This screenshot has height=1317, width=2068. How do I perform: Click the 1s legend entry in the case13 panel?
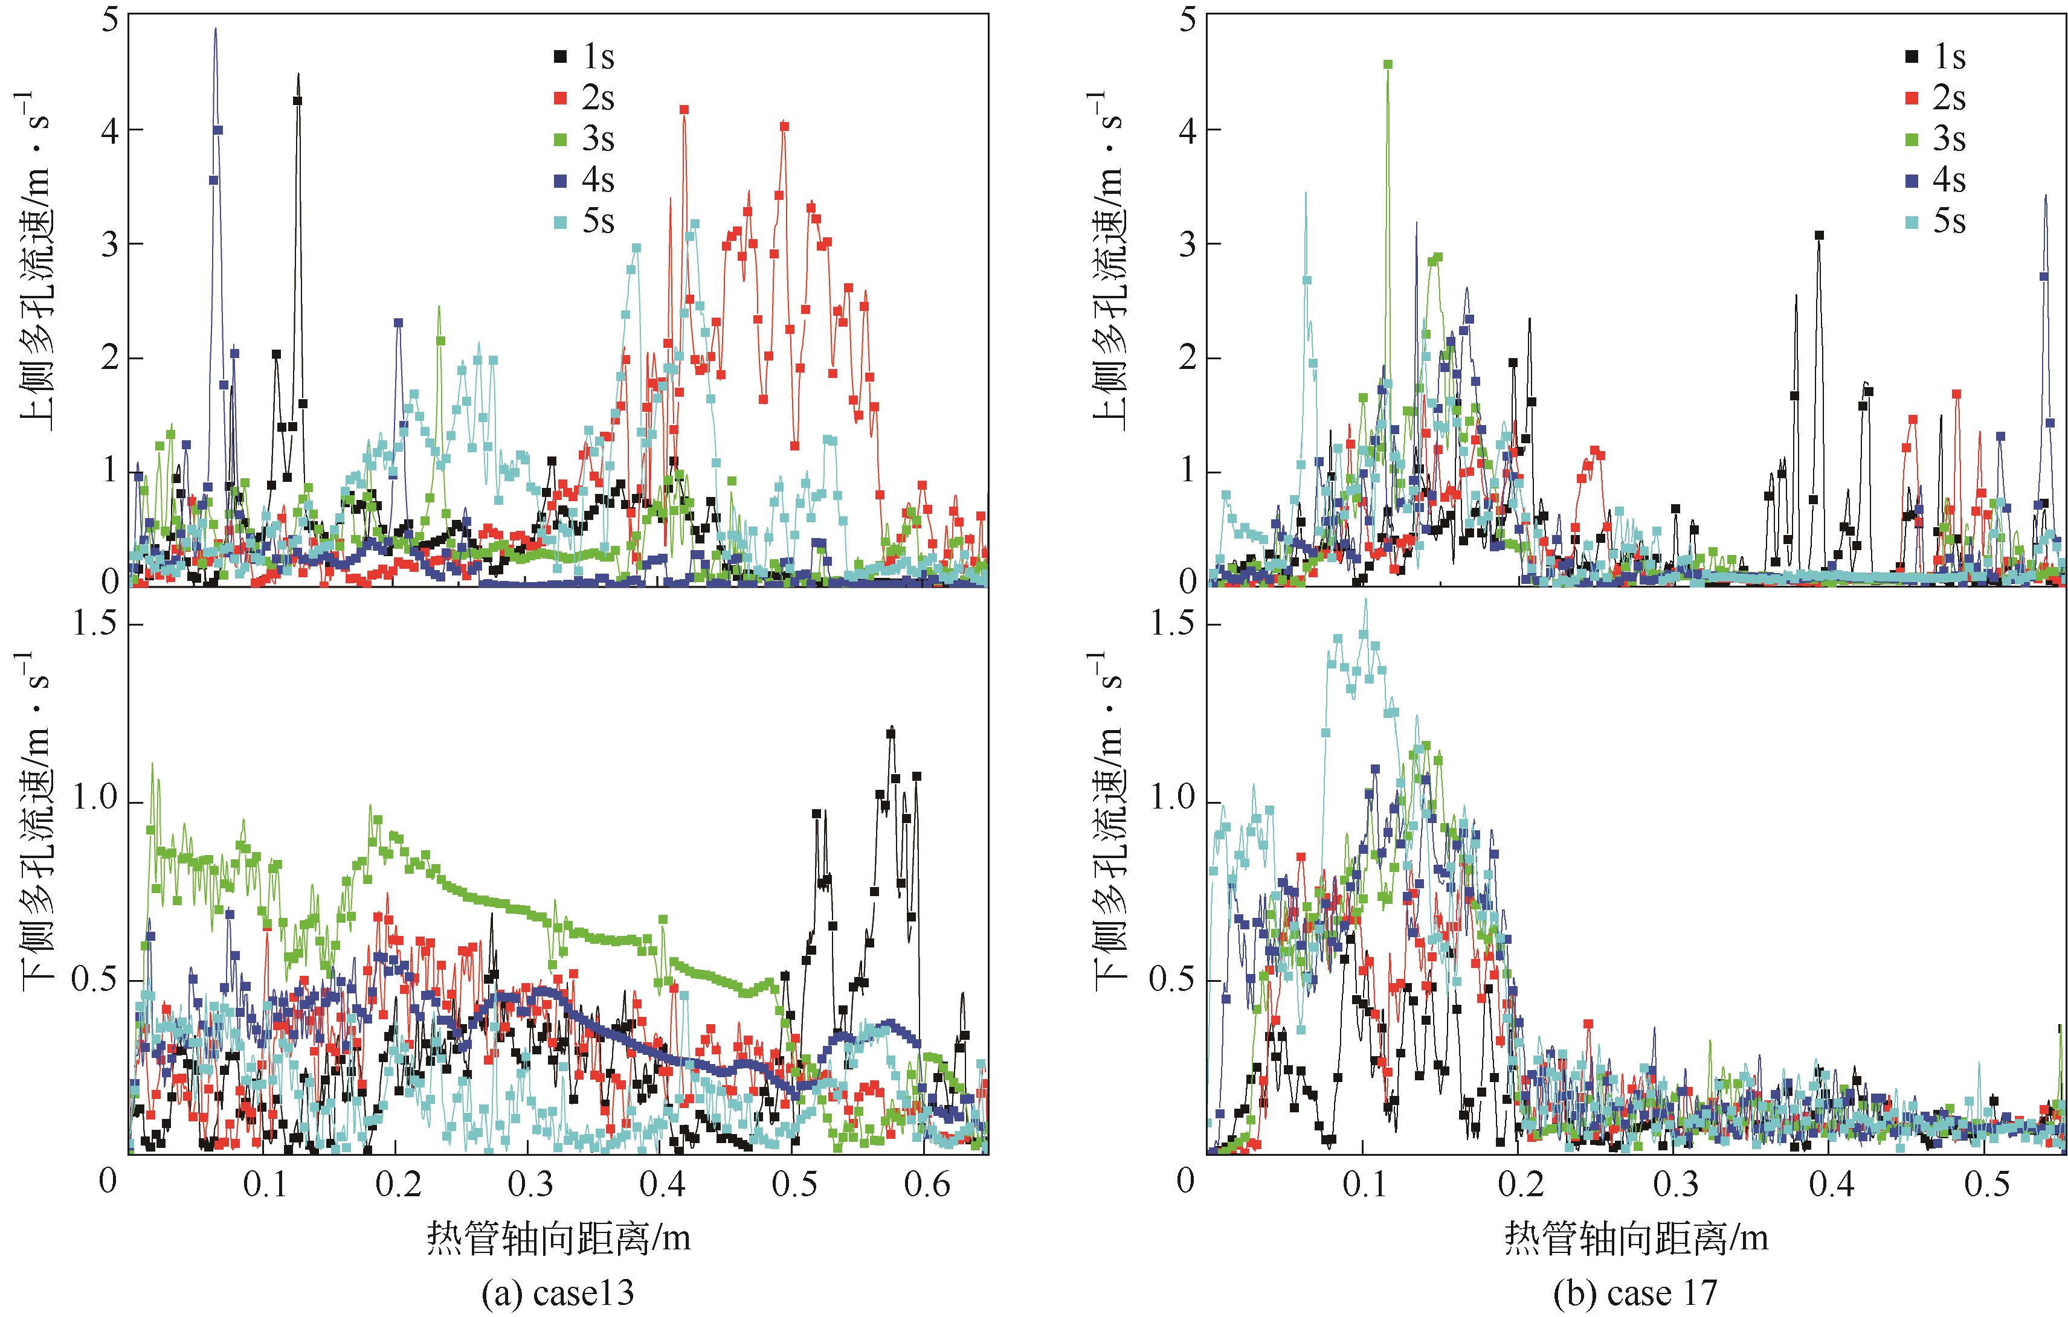(x=584, y=57)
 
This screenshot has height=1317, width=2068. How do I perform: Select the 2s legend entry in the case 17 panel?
(x=1935, y=98)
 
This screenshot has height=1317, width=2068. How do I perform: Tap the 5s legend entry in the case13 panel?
(x=584, y=222)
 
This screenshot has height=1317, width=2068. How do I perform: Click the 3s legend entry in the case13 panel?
(x=584, y=138)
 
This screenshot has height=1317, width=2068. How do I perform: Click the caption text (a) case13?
(x=558, y=1293)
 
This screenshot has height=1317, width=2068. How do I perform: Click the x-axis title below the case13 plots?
(x=558, y=1239)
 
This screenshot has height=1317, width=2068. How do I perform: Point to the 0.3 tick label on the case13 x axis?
(x=530, y=1185)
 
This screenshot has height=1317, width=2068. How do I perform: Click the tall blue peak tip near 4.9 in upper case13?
(x=216, y=29)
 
